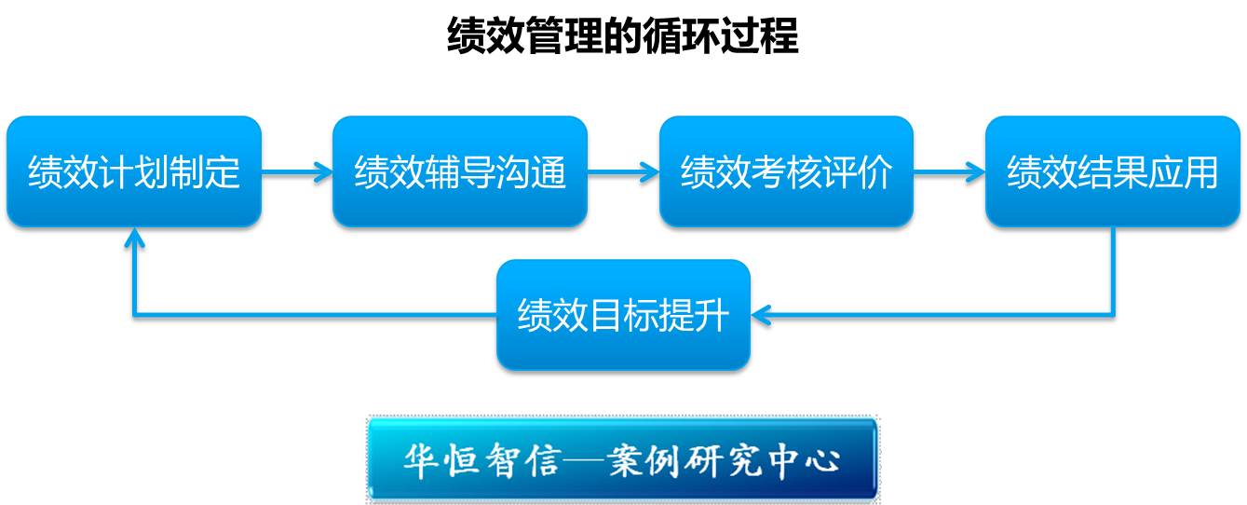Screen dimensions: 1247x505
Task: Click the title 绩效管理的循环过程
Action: coord(623,35)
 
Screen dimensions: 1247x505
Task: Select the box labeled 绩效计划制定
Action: coord(134,171)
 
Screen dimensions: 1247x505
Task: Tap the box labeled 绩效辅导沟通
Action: coord(460,171)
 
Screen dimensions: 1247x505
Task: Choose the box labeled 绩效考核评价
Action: coord(786,171)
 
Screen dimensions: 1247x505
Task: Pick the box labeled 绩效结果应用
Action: coord(1112,171)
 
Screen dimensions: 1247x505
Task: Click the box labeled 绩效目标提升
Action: coord(623,315)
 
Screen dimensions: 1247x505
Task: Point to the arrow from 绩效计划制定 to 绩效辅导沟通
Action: coord(297,171)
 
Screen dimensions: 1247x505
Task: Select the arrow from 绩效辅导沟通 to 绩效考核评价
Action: coord(624,171)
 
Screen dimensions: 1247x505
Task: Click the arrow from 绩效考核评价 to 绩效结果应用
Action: coord(950,171)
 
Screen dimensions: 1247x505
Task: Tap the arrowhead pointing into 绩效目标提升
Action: coord(761,315)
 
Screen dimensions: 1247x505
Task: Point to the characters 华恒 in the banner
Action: coord(441,461)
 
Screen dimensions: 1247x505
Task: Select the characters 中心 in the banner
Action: coord(804,461)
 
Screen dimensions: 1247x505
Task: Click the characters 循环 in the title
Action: coord(682,35)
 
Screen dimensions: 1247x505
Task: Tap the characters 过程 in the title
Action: coord(760,35)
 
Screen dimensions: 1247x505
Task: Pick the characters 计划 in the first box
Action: coord(134,171)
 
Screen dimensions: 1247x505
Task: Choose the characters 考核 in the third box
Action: coord(786,171)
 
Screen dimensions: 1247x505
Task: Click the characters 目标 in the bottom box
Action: coord(623,315)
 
